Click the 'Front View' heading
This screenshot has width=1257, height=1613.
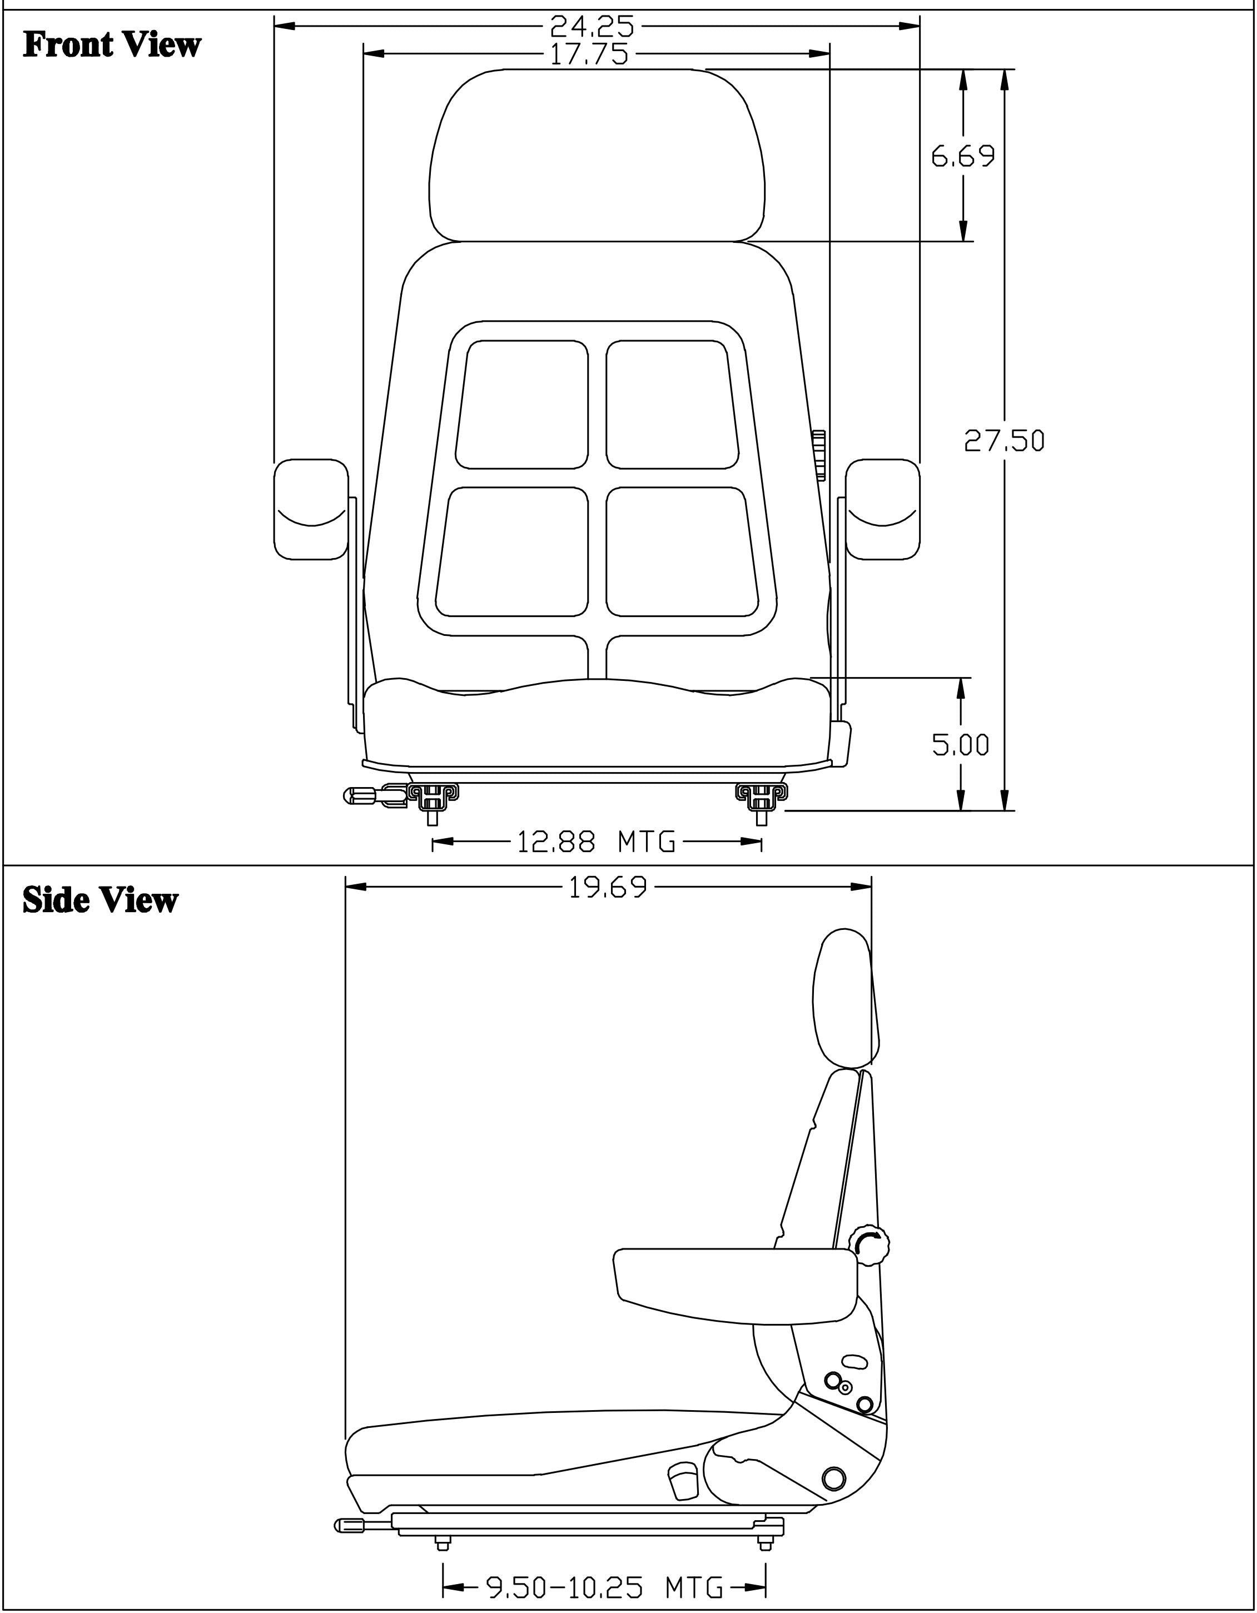pos(112,45)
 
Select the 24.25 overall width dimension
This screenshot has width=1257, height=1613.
pos(592,27)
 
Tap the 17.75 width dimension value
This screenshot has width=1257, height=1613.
pos(589,54)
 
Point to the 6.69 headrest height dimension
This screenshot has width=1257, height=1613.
pos(963,156)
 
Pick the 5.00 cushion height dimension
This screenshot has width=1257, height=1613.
pos(960,744)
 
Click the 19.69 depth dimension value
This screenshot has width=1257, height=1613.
pos(608,887)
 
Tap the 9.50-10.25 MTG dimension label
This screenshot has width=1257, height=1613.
pos(603,1586)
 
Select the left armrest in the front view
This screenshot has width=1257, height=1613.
pos(311,510)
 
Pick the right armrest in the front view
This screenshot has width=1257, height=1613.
pos(882,510)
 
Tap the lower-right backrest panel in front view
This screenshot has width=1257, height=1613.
pos(682,552)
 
